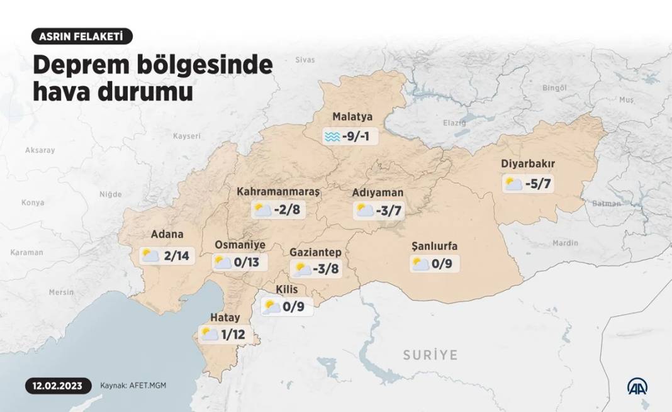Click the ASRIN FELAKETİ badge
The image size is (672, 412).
(x=82, y=36)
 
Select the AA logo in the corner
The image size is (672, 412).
(x=637, y=386)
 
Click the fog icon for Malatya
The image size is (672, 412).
(x=332, y=136)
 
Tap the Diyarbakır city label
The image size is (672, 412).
(x=528, y=164)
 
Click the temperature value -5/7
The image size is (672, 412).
(x=539, y=184)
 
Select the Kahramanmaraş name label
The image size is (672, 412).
(x=279, y=191)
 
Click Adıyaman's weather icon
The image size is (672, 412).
(x=364, y=210)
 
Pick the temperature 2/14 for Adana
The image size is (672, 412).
(x=176, y=255)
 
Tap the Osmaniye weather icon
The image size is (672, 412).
(x=223, y=262)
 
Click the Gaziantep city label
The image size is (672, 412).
(x=315, y=252)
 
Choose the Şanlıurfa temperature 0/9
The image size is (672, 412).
(x=441, y=264)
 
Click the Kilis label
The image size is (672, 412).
(x=287, y=289)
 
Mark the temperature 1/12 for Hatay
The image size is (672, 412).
(x=233, y=335)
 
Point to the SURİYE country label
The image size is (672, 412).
(x=430, y=355)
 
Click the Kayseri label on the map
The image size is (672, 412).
(x=187, y=136)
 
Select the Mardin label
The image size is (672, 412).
(x=564, y=243)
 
